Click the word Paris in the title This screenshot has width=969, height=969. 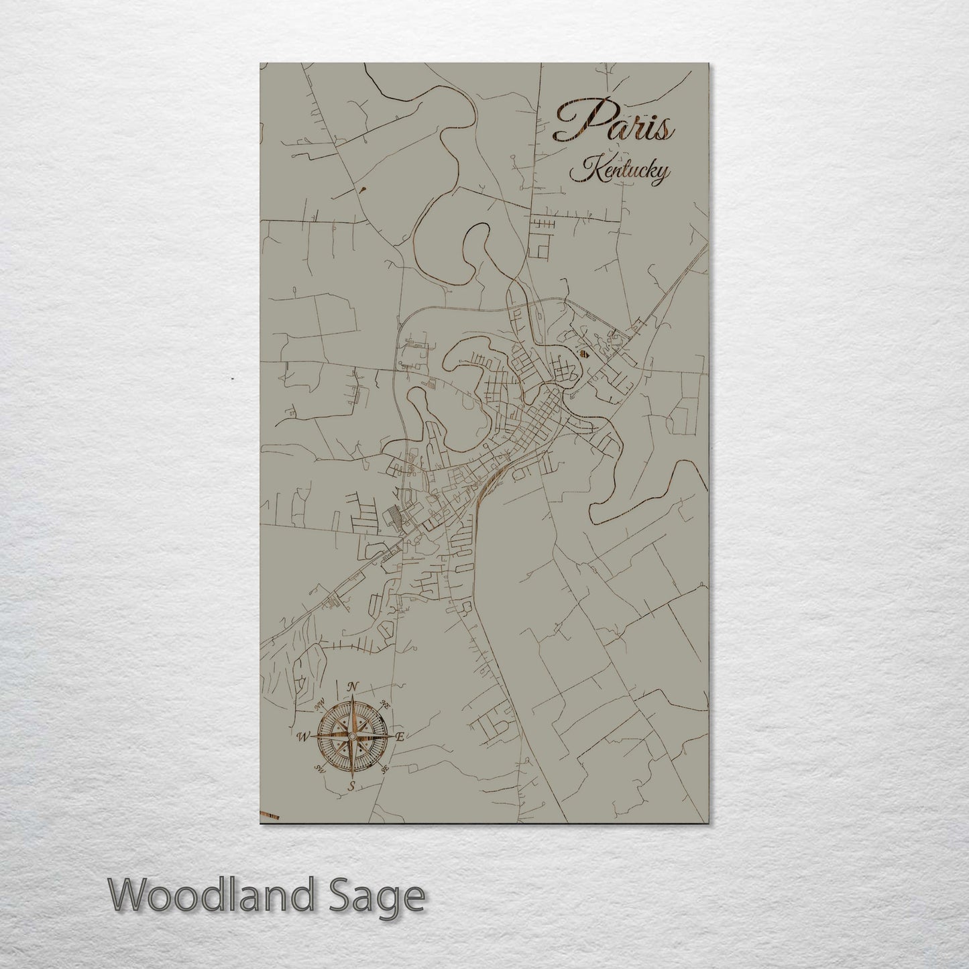(613, 123)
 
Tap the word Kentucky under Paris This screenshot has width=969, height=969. (619, 171)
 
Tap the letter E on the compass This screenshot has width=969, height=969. (400, 737)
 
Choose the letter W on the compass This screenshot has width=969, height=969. (303, 737)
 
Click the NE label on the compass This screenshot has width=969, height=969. (385, 704)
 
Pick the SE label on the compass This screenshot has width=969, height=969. (384, 770)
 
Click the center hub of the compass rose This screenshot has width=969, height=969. (351, 736)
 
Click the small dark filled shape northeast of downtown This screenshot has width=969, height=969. (583, 351)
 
